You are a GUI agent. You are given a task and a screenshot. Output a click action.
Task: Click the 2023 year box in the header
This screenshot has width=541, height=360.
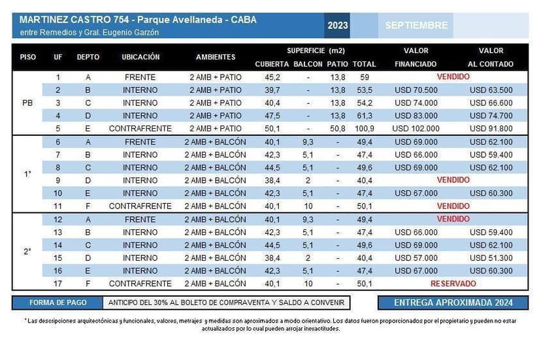pyautogui.click(x=338, y=25)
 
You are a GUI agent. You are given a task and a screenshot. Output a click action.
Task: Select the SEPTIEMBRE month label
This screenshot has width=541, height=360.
pyautogui.click(x=416, y=25)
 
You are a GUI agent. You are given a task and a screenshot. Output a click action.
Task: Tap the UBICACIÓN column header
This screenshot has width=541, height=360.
pyautogui.click(x=140, y=57)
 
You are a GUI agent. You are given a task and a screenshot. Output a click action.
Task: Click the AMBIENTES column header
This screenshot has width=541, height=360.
pyautogui.click(x=216, y=57)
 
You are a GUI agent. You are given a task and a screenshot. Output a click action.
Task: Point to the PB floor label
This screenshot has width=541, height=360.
pyautogui.click(x=27, y=103)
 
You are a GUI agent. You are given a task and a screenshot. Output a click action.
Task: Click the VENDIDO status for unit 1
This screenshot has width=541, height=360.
pyautogui.click(x=453, y=76)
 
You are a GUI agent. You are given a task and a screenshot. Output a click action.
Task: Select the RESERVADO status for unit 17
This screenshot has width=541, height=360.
pyautogui.click(x=453, y=284)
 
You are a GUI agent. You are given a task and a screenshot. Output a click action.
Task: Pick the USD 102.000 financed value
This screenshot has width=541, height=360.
pyautogui.click(x=416, y=129)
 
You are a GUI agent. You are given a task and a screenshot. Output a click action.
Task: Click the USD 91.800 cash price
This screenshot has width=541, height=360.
pyautogui.click(x=491, y=129)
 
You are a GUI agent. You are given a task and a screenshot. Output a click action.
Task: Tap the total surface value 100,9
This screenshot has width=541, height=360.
pyautogui.click(x=364, y=129)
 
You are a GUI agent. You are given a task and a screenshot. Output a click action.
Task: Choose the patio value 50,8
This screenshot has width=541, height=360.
pyautogui.click(x=338, y=129)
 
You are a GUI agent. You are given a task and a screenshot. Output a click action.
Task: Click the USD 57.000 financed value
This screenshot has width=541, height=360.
pyautogui.click(x=416, y=258)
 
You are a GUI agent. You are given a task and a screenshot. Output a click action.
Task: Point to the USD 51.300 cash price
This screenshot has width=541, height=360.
pyautogui.click(x=491, y=258)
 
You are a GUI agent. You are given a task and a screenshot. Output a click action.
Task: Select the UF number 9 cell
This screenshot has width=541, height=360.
pyautogui.click(x=58, y=180)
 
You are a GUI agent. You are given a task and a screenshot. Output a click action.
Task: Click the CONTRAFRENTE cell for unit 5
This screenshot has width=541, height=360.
pyautogui.click(x=140, y=129)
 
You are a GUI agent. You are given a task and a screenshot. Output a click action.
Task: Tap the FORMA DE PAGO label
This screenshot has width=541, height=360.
pyautogui.click(x=57, y=303)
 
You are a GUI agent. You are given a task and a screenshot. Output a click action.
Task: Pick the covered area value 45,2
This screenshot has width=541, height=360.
pyautogui.click(x=272, y=77)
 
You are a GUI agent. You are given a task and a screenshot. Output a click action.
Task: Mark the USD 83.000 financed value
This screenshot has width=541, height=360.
pyautogui.click(x=416, y=116)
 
